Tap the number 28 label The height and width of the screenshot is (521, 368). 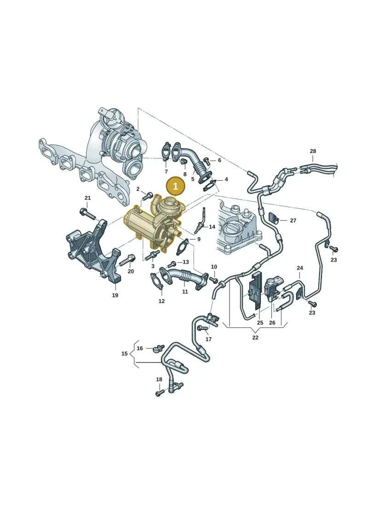coord(313,151)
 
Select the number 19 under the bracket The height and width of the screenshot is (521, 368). coord(115,295)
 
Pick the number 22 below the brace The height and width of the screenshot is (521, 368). coord(255,338)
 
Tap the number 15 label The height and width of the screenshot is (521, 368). coord(124,353)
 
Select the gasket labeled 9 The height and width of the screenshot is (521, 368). coord(182,247)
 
